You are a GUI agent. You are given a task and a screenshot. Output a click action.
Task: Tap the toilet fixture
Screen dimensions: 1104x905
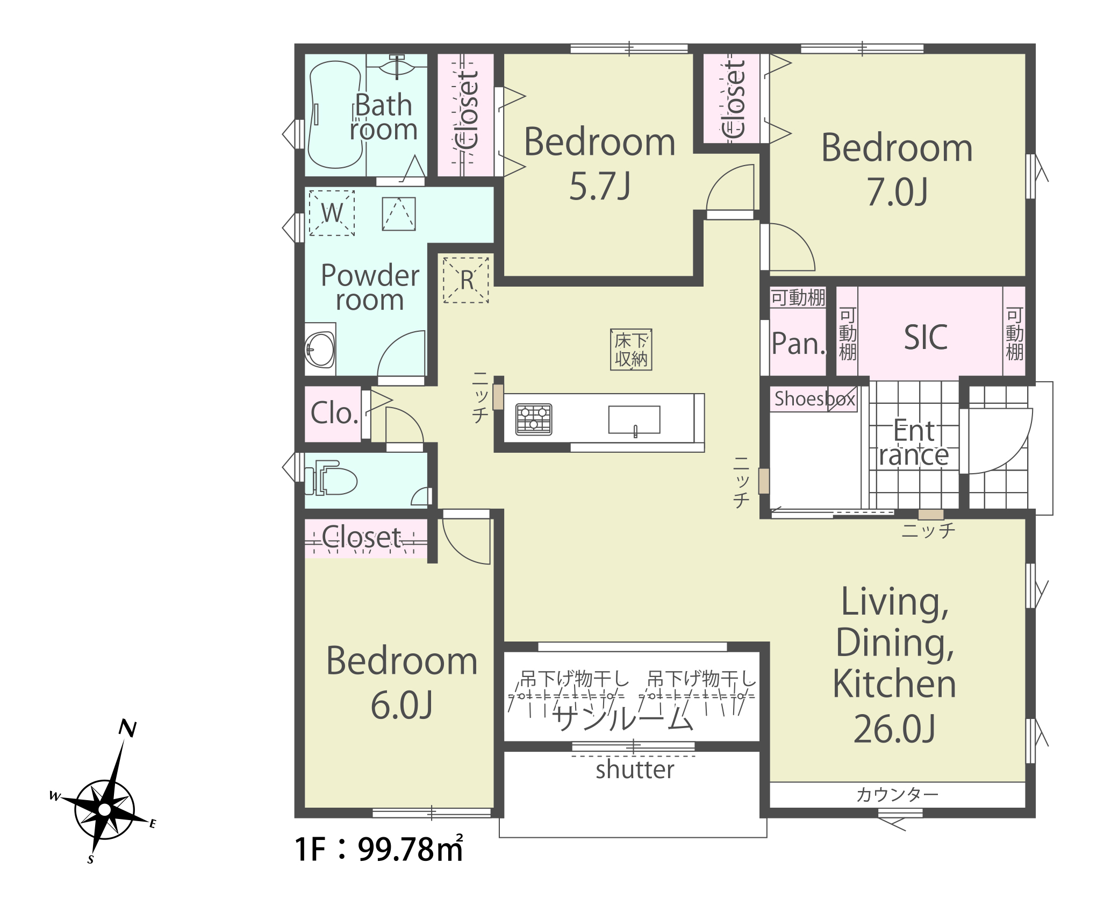[x=331, y=477]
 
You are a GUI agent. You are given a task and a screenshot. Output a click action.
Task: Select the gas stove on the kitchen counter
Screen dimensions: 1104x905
[x=534, y=419]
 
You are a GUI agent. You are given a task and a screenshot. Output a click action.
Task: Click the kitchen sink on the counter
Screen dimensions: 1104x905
[x=634, y=420]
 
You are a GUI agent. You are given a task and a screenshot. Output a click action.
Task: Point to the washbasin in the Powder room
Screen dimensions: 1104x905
[x=320, y=350]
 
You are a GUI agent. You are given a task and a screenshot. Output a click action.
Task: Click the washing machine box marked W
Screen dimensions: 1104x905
[x=332, y=212]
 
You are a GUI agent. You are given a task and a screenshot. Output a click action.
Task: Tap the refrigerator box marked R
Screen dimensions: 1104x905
[x=465, y=280]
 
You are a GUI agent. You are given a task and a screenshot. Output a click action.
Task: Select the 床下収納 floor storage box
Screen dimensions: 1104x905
[x=631, y=350]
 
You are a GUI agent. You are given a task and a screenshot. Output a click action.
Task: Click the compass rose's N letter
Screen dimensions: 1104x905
[x=127, y=728]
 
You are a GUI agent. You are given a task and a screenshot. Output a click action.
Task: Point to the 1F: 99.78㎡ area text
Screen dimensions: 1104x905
[x=379, y=849]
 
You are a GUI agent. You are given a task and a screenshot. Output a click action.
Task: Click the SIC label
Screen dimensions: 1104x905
[x=926, y=338]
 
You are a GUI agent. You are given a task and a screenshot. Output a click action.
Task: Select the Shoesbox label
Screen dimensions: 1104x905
[x=814, y=399]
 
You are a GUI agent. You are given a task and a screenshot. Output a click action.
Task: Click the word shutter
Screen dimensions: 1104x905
[x=635, y=769]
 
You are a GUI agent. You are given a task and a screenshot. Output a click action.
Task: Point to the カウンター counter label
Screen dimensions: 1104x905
[x=897, y=794]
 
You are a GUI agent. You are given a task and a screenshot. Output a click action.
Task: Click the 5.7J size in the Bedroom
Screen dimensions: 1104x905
[x=600, y=186]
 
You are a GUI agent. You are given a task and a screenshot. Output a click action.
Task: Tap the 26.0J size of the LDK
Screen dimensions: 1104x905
[x=894, y=729]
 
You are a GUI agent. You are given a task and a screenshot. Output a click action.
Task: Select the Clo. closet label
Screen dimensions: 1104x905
[x=334, y=413]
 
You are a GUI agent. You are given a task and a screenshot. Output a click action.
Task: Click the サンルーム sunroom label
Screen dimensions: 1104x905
[x=622, y=718]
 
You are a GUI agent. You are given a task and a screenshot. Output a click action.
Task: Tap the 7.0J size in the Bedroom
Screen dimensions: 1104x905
[x=897, y=192]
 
